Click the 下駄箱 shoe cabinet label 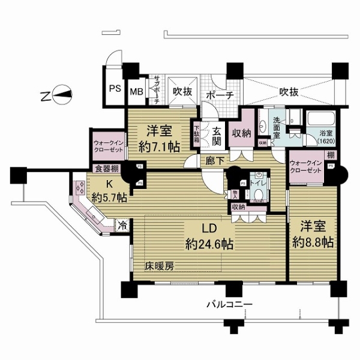coord(196,133)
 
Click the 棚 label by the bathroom coord(330,155)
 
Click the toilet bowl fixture coord(257,194)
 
